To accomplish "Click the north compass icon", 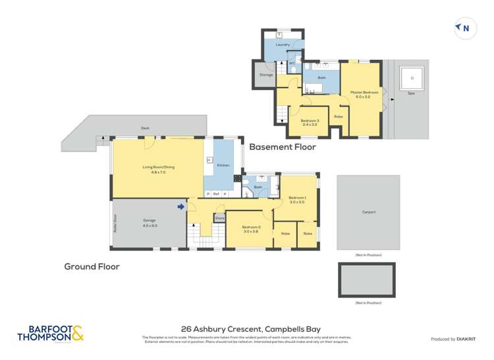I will (x=464, y=28).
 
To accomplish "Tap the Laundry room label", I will (x=283, y=45).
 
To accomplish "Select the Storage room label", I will (x=265, y=75).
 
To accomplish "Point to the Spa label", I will (x=411, y=93).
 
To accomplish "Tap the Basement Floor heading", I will (x=283, y=147).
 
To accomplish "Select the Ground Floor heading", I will (x=91, y=267).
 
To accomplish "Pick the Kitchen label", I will (x=223, y=165).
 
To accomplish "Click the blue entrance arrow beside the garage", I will (x=180, y=207).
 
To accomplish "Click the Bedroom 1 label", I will (x=297, y=199).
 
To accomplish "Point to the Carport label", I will (x=368, y=212).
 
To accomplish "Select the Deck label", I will (x=145, y=128).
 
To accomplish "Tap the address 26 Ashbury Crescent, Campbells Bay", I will (x=246, y=328).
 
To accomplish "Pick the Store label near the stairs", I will (x=219, y=218).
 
